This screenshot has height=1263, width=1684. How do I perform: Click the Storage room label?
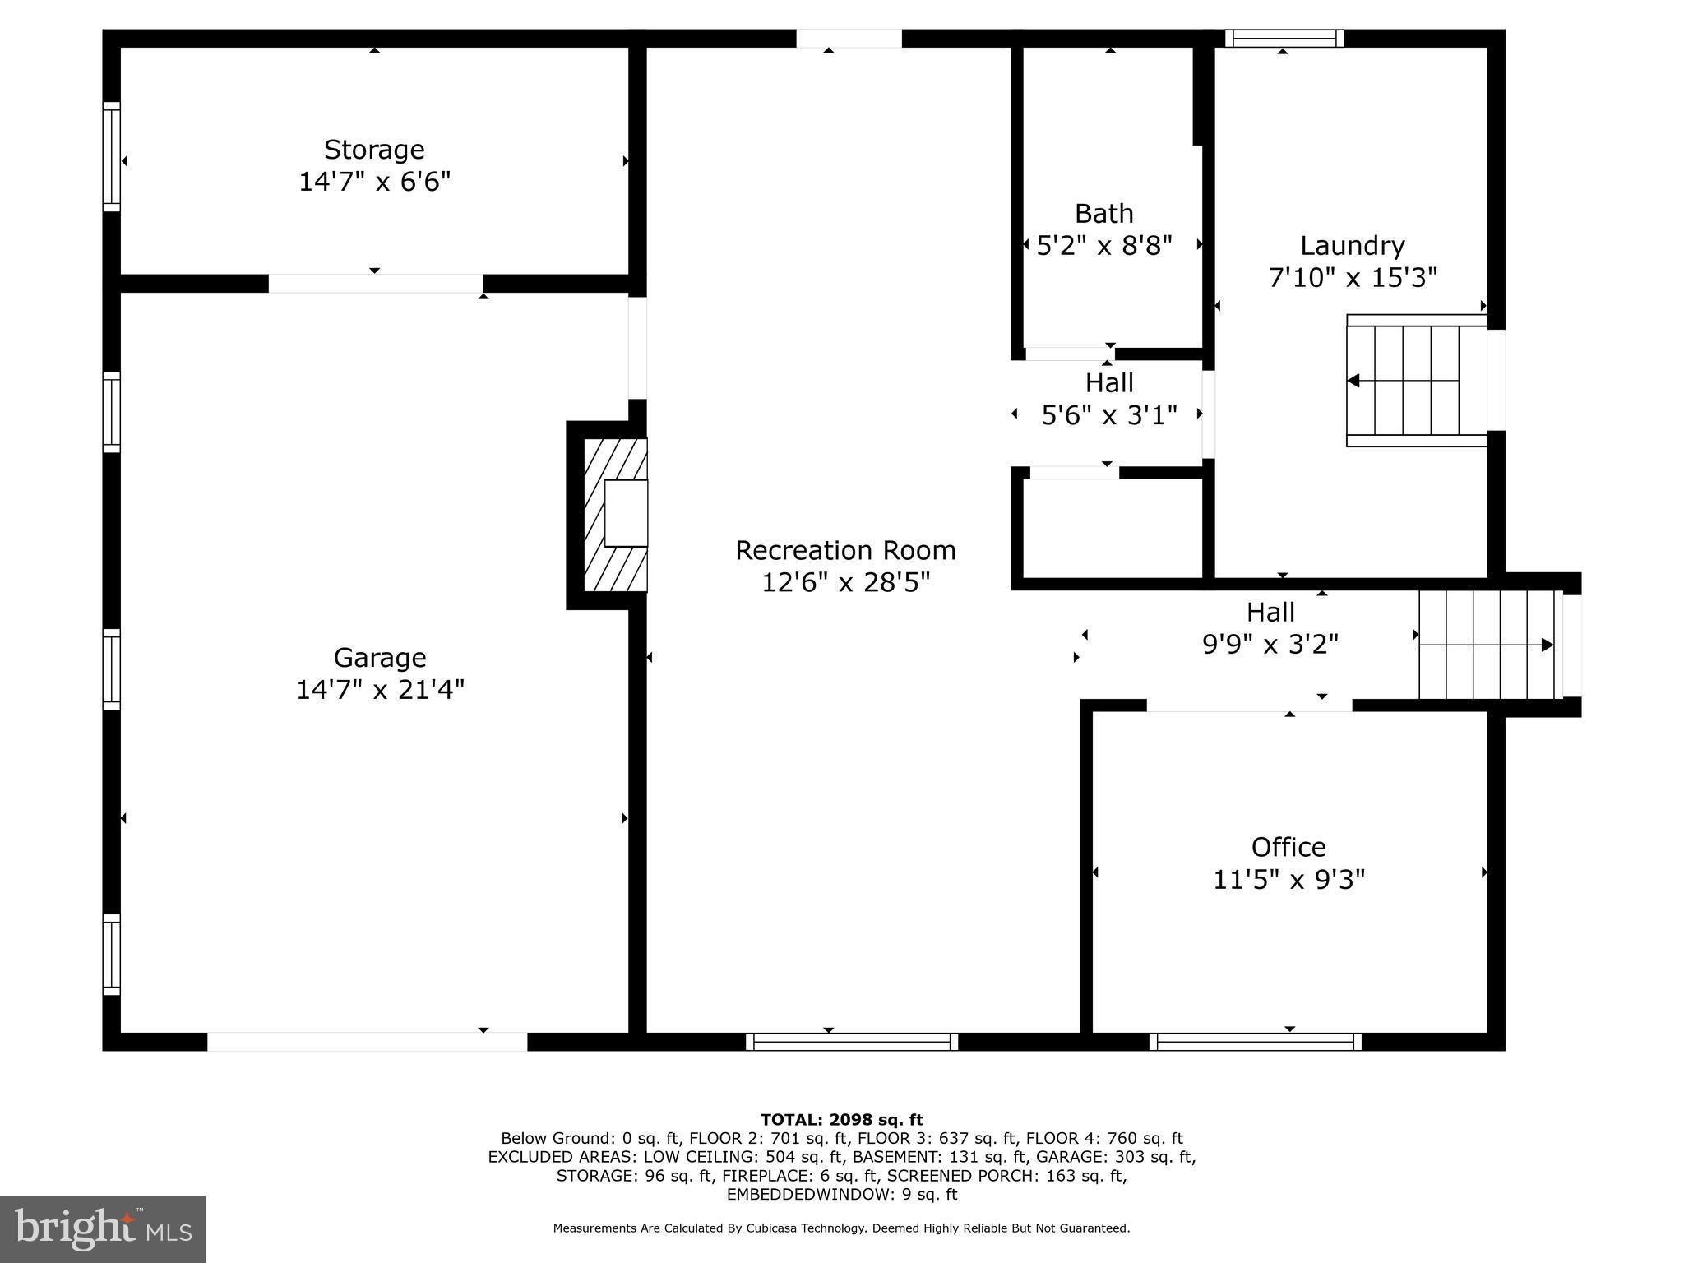coord(374,150)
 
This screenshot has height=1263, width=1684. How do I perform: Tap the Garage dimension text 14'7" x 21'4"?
coord(380,690)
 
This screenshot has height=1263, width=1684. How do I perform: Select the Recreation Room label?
coord(845,550)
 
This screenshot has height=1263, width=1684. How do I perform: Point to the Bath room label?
coord(1103,214)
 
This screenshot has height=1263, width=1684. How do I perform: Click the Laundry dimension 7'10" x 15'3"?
coord(1353,278)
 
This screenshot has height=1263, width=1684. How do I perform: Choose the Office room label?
coord(1288,847)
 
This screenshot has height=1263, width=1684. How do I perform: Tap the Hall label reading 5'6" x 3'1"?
coord(1109,415)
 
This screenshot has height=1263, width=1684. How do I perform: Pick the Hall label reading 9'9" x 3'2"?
coord(1270,644)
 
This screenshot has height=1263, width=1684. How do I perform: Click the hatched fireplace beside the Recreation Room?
coord(615,515)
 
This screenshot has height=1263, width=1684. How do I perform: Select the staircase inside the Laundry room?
coord(1416,381)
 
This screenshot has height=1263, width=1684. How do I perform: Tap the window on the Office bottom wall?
coord(1255,1042)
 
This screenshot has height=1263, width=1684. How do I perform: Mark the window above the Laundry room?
coord(1284,39)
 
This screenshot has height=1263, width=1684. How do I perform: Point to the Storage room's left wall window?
coord(111,156)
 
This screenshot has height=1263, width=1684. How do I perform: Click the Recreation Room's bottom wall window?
coord(852,1042)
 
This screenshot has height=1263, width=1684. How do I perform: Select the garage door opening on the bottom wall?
coord(367,1042)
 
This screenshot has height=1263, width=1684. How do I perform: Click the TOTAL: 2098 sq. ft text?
coord(841,1119)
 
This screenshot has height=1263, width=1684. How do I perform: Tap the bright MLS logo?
coord(103,1228)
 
